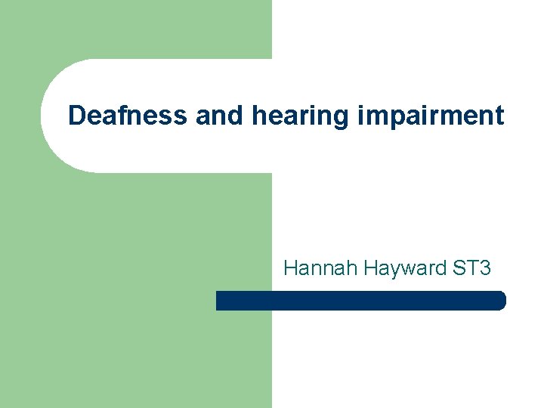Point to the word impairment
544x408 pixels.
point(426,116)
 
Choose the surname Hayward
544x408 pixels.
point(391,268)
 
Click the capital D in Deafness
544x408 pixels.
point(77,116)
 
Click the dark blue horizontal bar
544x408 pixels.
point(360,301)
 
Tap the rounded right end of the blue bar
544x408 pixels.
point(499,301)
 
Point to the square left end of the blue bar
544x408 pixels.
point(220,301)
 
